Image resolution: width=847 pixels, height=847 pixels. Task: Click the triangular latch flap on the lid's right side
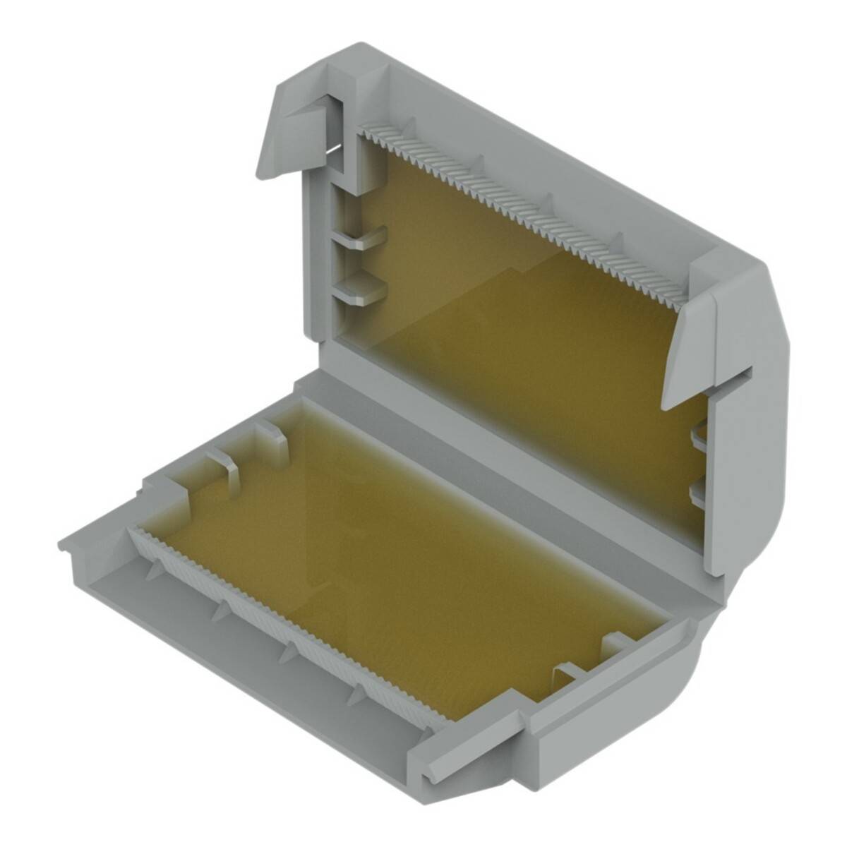[x=688, y=353]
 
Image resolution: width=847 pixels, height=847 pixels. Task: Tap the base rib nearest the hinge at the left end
[x=272, y=438]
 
